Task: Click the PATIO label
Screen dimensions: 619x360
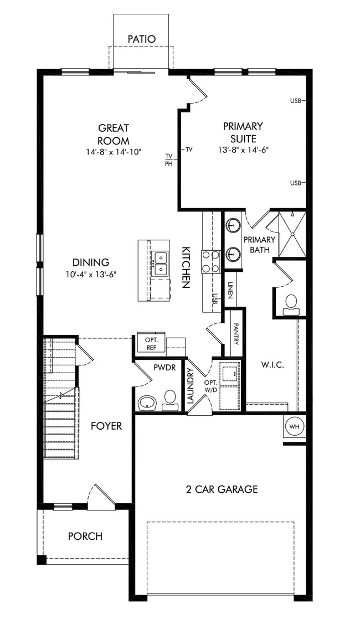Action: (141, 39)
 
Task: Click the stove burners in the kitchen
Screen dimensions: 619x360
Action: (210, 261)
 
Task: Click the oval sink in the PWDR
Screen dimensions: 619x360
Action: (147, 401)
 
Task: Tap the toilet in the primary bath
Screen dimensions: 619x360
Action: (291, 303)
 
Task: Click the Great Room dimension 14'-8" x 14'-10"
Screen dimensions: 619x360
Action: (114, 151)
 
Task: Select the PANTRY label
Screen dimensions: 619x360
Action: (235, 334)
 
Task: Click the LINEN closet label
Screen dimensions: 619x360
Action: (230, 290)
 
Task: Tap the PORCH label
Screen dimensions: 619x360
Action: (85, 536)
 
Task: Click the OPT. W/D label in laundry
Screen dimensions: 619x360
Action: (210, 386)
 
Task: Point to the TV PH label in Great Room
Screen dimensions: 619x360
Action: (169, 159)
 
